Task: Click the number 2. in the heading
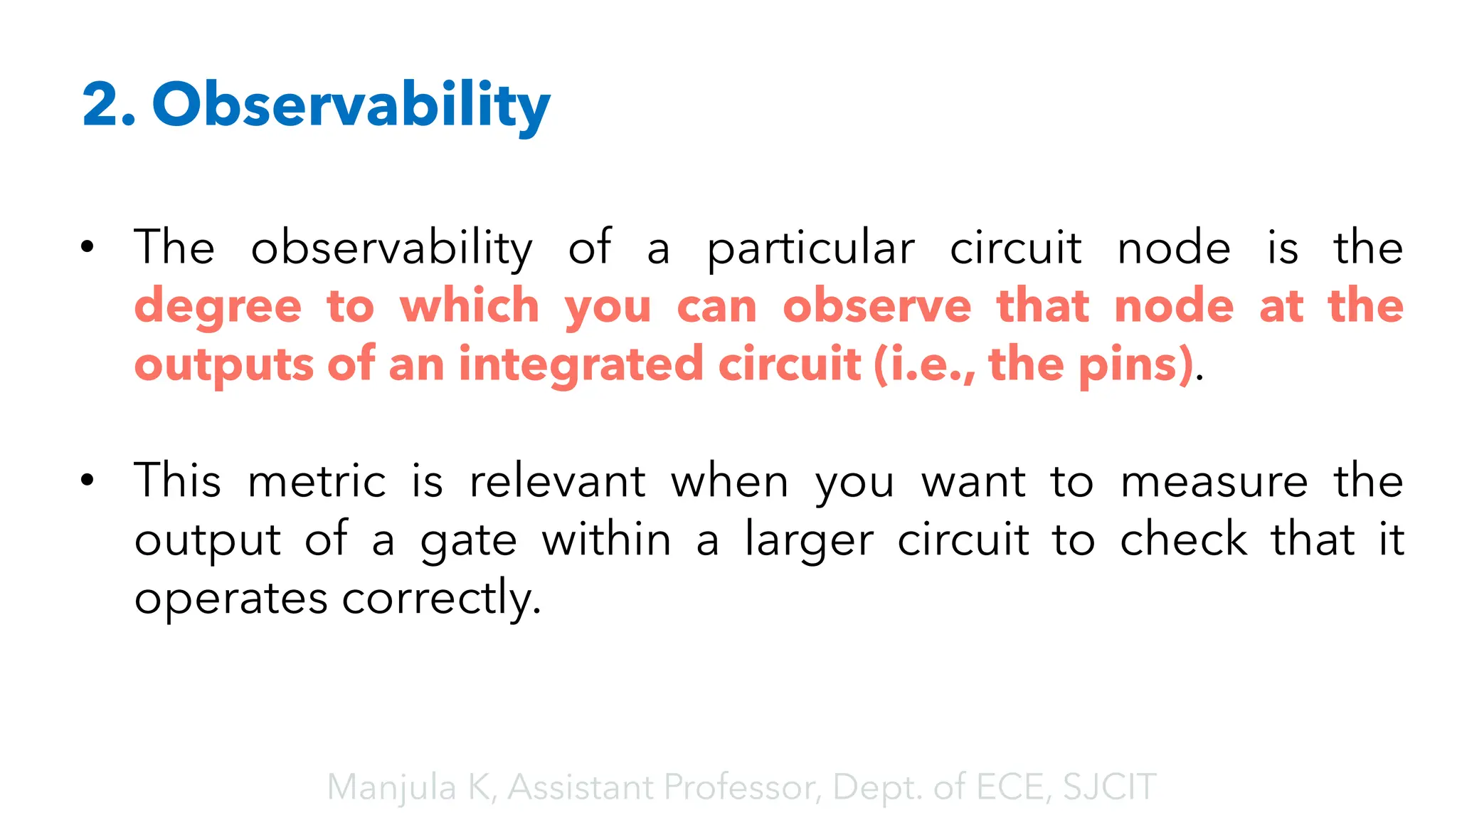click(108, 105)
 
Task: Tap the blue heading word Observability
click(351, 105)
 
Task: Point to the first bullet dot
click(87, 248)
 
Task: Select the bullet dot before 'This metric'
click(87, 480)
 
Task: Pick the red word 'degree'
click(218, 307)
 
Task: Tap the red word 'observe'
click(876, 306)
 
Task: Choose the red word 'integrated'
click(581, 364)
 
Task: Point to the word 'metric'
click(317, 481)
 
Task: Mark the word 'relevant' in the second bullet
click(558, 481)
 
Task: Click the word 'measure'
click(1214, 481)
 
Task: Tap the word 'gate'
click(468, 541)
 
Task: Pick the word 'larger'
click(809, 541)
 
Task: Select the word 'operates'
click(231, 599)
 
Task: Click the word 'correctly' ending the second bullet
click(441, 599)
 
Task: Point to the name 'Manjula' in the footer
click(391, 787)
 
